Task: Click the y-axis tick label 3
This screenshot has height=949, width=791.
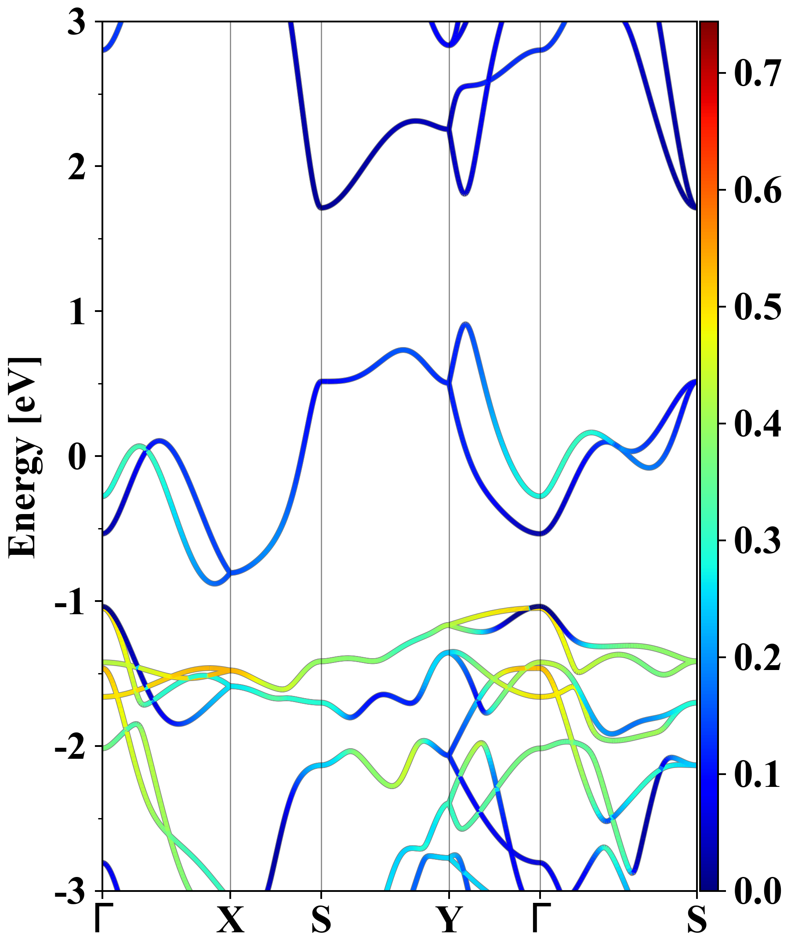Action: point(76,22)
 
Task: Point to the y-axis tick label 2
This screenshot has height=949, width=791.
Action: point(76,167)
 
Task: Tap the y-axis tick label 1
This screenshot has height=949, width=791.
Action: point(76,312)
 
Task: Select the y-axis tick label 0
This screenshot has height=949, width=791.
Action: point(76,457)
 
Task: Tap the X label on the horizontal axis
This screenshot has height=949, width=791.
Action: point(231,920)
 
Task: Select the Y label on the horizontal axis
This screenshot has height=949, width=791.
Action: point(449,920)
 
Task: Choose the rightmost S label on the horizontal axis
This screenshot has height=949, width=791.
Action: point(697,920)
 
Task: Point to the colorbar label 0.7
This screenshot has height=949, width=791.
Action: point(757,73)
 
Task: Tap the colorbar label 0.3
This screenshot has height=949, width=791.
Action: point(757,540)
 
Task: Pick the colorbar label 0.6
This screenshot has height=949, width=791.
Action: point(757,190)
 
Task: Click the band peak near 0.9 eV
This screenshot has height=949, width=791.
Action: point(466,323)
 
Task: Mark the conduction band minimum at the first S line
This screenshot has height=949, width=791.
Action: point(321,208)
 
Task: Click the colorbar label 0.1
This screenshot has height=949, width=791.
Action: point(757,774)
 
